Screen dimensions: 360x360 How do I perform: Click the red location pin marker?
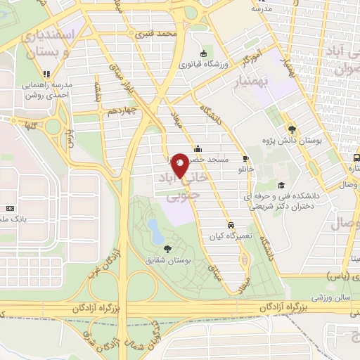(x=180, y=165)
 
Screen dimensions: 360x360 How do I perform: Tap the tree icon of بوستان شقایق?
(x=167, y=248)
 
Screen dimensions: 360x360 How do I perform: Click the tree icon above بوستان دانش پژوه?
(x=292, y=129)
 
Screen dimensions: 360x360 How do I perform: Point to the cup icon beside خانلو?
(x=246, y=158)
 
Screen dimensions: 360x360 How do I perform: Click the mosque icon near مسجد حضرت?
(x=198, y=148)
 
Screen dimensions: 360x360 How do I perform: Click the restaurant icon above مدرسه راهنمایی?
(x=46, y=73)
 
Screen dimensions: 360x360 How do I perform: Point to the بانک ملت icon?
(x=10, y=209)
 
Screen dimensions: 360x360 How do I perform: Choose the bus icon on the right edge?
(x=356, y=157)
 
